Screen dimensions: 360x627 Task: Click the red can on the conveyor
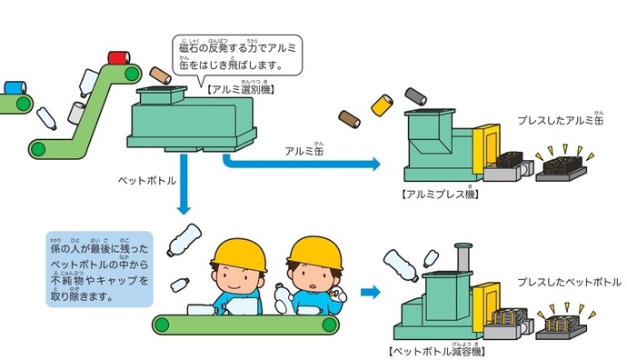(117, 57)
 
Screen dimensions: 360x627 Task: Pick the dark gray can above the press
(416, 95)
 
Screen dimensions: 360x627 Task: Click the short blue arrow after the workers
(369, 293)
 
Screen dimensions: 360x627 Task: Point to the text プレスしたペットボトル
(570, 283)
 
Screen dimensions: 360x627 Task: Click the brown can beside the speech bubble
(160, 74)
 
